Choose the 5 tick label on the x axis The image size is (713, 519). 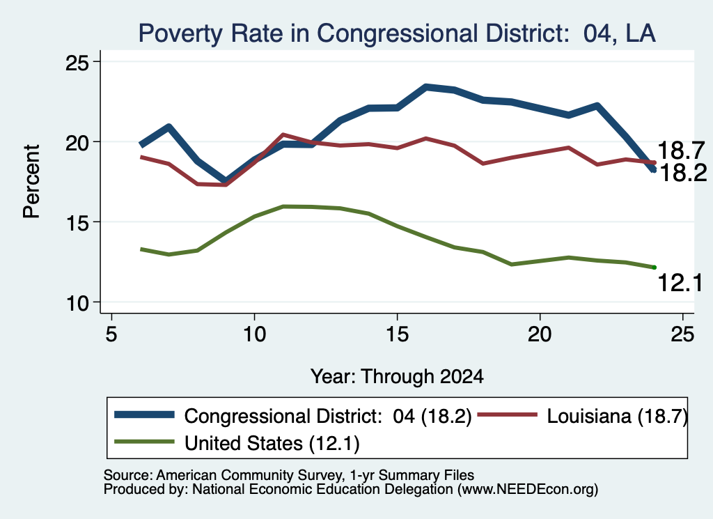(111, 334)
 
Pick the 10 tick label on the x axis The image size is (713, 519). (254, 334)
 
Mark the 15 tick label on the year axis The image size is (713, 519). (398, 334)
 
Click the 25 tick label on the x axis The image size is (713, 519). (682, 334)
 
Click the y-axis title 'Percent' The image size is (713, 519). (31, 182)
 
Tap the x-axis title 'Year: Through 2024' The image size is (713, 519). (397, 377)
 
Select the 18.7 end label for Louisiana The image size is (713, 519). (681, 150)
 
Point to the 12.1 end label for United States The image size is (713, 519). (680, 283)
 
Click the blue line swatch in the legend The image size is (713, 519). (145, 415)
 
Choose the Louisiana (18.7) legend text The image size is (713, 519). (617, 417)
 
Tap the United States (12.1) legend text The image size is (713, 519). (272, 444)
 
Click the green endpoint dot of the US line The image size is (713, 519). (655, 268)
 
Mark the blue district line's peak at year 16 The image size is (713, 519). (426, 87)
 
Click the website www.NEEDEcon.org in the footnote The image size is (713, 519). (528, 490)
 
